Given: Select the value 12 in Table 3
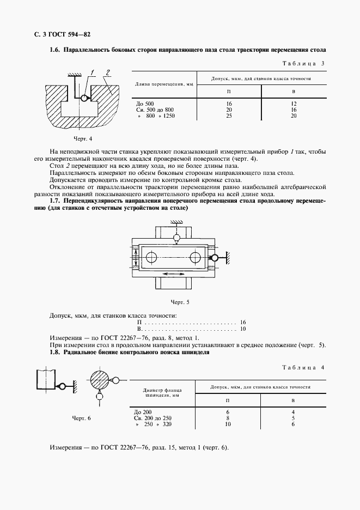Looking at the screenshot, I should [x=294, y=104].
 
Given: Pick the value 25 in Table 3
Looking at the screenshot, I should [x=229, y=116].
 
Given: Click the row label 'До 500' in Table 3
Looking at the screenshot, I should [x=145, y=104].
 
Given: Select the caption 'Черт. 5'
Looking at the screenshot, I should [x=180, y=301].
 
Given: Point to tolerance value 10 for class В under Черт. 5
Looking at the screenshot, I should [x=243, y=329].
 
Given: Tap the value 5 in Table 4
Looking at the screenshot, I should [x=294, y=418].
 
